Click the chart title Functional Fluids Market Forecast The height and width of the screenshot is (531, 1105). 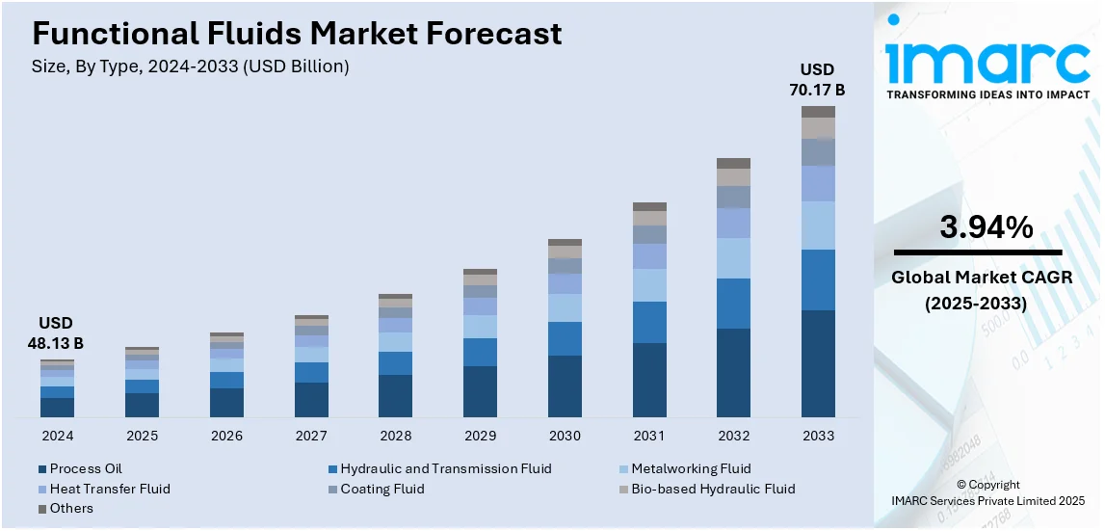[x=297, y=34]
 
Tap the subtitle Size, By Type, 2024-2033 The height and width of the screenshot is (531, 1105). [x=191, y=66]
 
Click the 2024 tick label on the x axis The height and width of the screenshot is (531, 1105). [x=57, y=436]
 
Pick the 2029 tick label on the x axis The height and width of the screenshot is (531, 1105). [x=480, y=436]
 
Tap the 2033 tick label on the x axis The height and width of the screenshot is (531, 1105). [x=818, y=436]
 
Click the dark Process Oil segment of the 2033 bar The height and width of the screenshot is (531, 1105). [x=818, y=363]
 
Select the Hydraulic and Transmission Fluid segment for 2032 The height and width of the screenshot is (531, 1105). [x=733, y=304]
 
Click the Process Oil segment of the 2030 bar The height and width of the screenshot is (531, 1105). [x=565, y=385]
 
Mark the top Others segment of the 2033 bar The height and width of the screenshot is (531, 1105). [x=818, y=112]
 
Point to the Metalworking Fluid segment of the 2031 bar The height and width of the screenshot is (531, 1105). [x=649, y=285]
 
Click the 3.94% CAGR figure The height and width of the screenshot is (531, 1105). [x=986, y=228]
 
